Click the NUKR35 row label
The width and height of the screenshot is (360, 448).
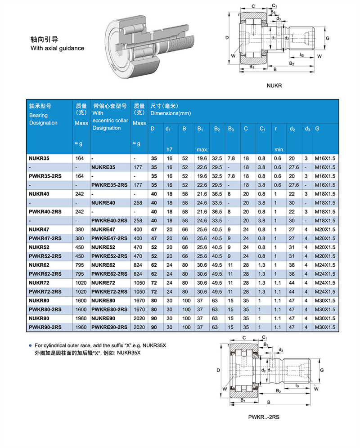pos(39,158)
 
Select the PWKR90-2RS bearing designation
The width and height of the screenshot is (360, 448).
pos(45,327)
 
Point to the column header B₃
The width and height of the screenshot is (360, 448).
pos(231,129)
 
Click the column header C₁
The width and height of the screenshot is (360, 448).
pos(262,129)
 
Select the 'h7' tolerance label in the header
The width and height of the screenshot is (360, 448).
pos(169,149)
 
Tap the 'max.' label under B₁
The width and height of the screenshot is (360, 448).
pos(202,149)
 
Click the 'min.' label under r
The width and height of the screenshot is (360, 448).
pos(279,149)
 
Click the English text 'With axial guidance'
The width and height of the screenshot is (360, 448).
pos(57,48)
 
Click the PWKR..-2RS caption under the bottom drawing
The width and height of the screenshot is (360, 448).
pos(263,417)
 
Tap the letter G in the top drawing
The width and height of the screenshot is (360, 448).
pos(328,38)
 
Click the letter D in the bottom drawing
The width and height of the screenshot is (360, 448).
pos(218,370)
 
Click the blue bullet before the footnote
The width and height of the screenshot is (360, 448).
pos(31,346)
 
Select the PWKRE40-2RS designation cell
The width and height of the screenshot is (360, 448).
pos(109,220)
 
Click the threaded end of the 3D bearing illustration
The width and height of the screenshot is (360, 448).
pos(180,42)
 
